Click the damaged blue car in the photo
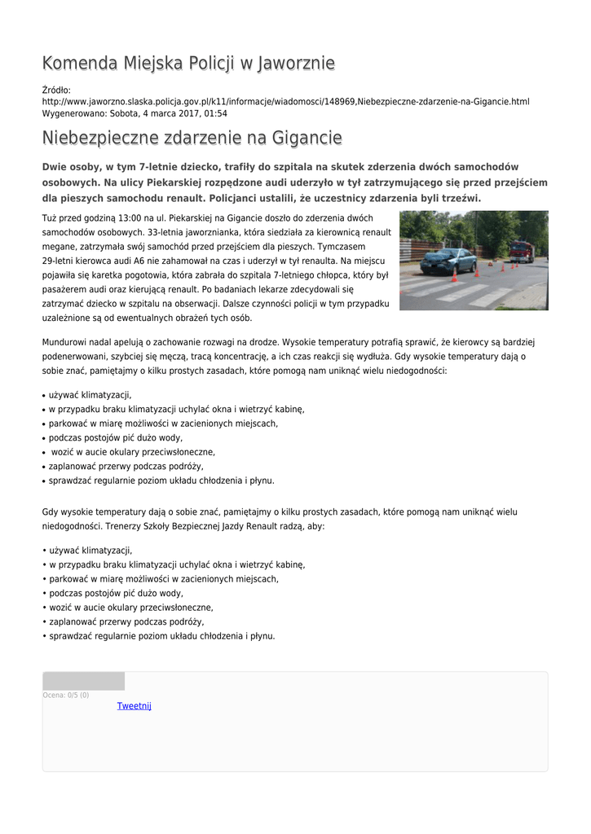(x=448, y=261)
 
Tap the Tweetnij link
(x=135, y=705)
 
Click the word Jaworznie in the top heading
(x=296, y=64)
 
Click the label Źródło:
(x=56, y=89)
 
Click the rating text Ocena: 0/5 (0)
(x=66, y=695)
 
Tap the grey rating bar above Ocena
(x=83, y=681)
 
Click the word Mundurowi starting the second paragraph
(x=64, y=342)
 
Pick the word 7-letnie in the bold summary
(x=162, y=167)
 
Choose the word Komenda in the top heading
(x=79, y=64)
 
